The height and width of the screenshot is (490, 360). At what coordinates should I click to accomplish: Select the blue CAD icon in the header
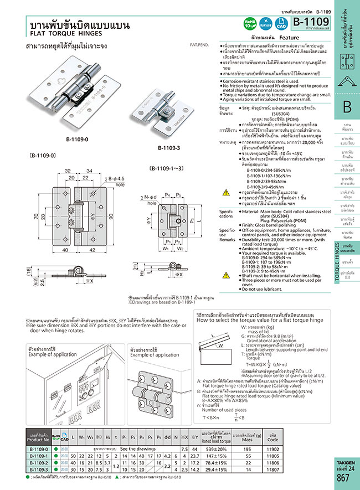(281, 23)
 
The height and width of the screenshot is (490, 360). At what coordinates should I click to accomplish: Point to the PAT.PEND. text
(199, 43)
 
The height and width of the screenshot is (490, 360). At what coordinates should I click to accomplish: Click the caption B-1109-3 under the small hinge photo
(168, 148)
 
